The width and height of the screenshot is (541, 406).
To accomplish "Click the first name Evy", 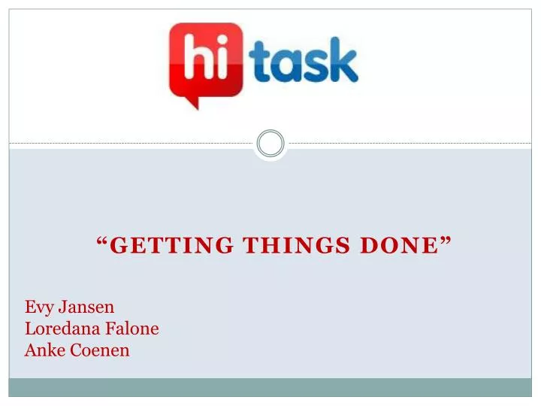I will pyautogui.click(x=38, y=308).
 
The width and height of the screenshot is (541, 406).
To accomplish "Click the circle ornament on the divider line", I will pyautogui.click(x=270, y=143).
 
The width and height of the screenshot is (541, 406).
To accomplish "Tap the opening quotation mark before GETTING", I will pyautogui.click(x=103, y=242).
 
